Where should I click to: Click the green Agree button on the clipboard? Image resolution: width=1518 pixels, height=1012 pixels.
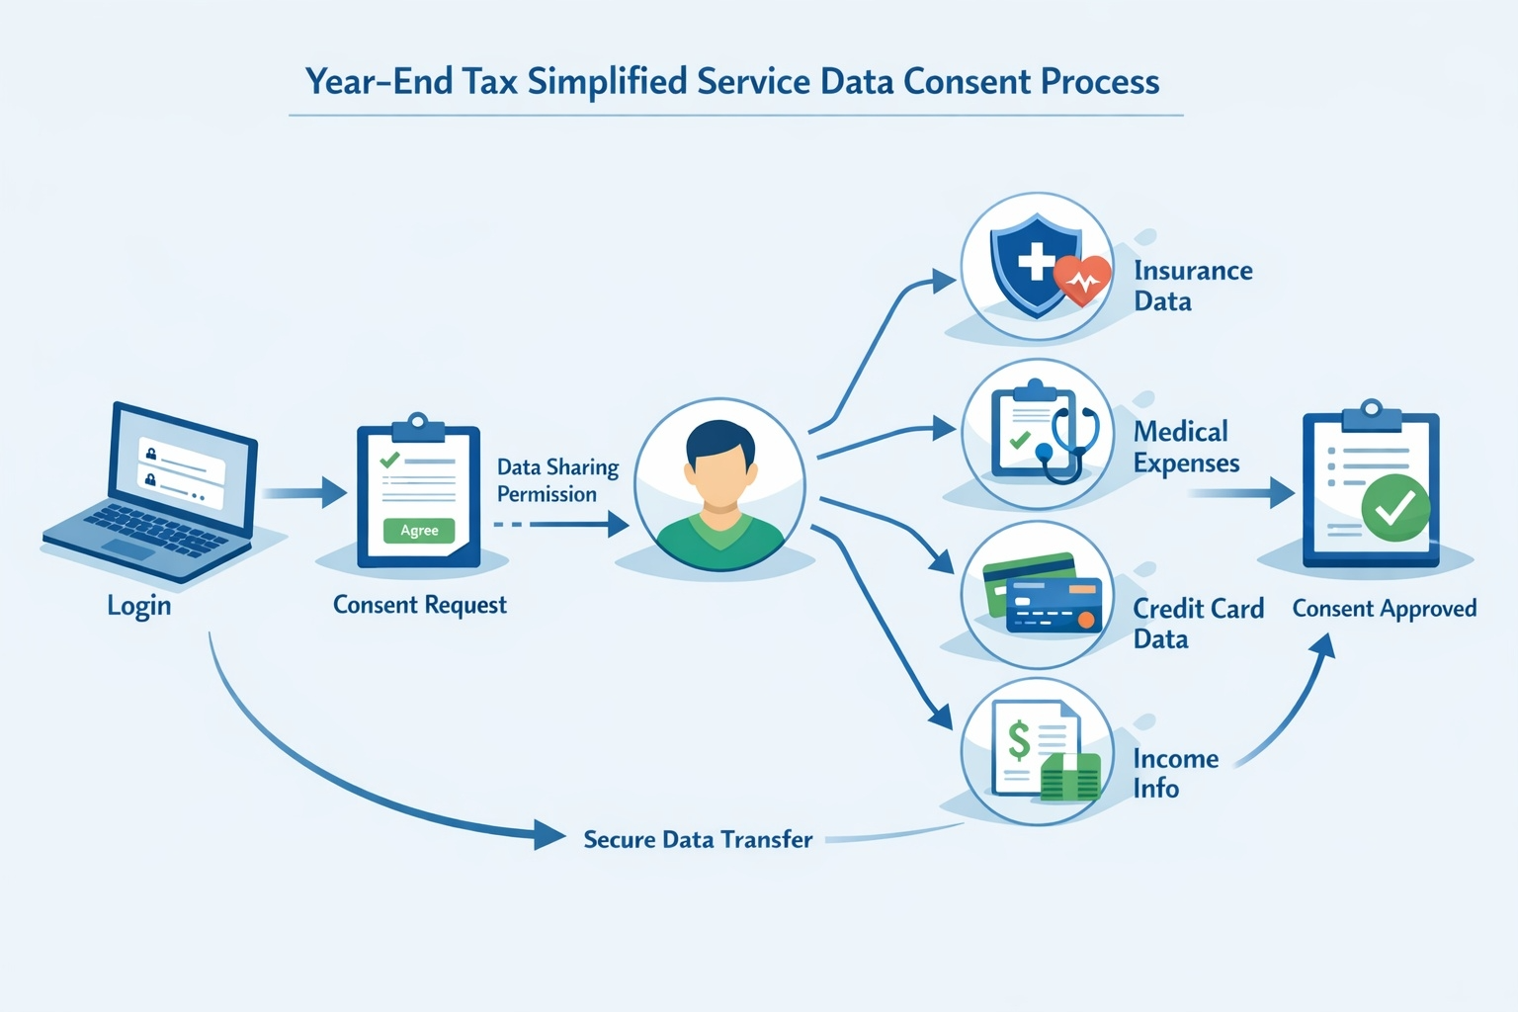pyautogui.click(x=419, y=531)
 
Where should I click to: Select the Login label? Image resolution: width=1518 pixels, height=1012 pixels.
pyautogui.click(x=139, y=605)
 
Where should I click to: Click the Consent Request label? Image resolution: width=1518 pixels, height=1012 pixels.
pyautogui.click(x=419, y=605)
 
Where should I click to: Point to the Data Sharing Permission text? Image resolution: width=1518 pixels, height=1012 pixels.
pyautogui.click(x=557, y=480)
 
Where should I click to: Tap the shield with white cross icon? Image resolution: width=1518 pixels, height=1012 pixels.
pyautogui.click(x=1034, y=262)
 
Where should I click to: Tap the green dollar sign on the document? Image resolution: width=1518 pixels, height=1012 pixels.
pyautogui.click(x=1018, y=740)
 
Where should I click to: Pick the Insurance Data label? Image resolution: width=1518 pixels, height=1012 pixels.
pyautogui.click(x=1192, y=286)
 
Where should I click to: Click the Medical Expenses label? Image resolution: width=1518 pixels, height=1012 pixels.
pyautogui.click(x=1186, y=447)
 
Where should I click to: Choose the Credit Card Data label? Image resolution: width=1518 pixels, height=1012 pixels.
pyautogui.click(x=1197, y=624)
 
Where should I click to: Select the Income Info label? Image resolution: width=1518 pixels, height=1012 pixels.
pyautogui.click(x=1175, y=773)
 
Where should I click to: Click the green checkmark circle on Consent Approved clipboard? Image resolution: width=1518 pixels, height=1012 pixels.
pyautogui.click(x=1394, y=508)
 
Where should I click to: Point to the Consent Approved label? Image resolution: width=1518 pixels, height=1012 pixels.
pyautogui.click(x=1384, y=609)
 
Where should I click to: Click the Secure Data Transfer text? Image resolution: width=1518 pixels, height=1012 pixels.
pyautogui.click(x=698, y=840)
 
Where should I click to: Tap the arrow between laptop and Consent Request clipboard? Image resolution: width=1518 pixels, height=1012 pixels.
pyautogui.click(x=305, y=491)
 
